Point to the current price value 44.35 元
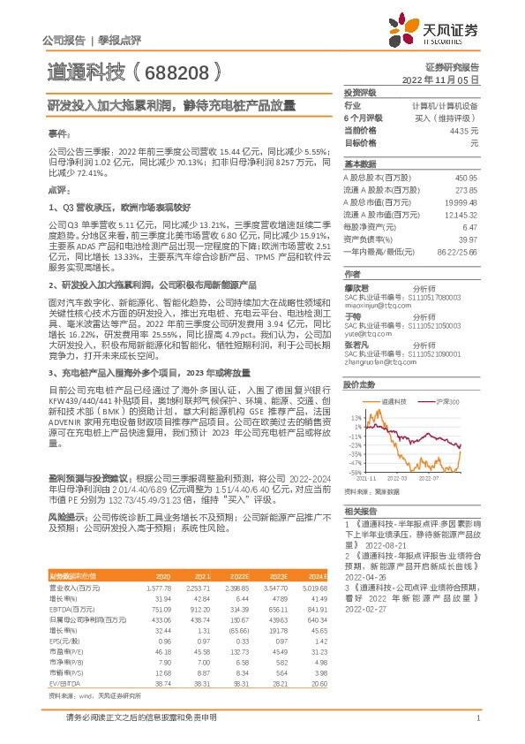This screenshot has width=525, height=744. [463, 130]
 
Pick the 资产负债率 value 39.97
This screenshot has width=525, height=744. [469, 239]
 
